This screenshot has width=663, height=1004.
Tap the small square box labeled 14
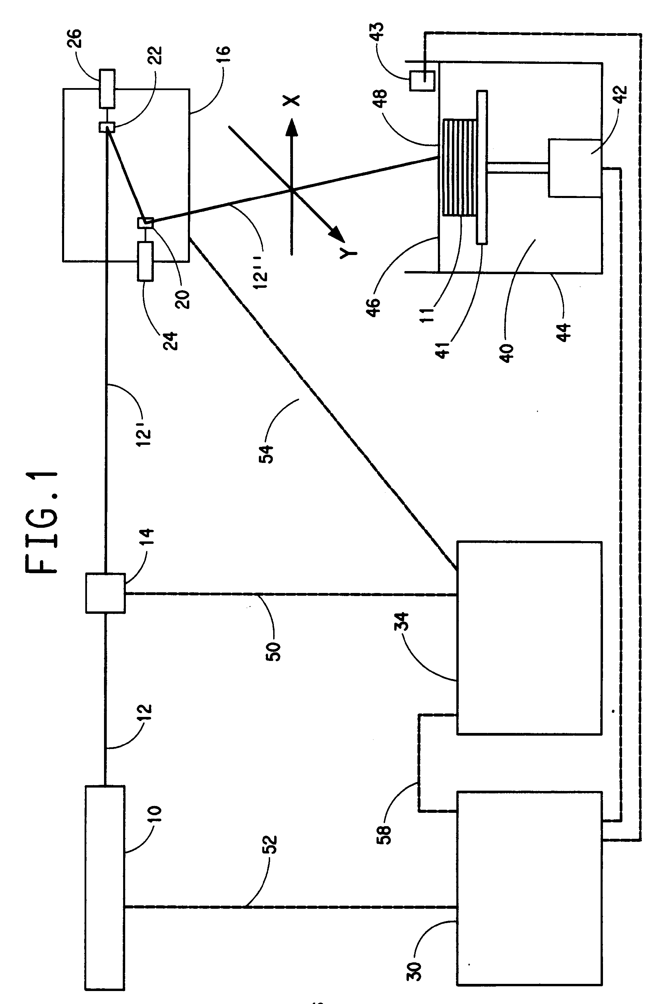pyautogui.click(x=105, y=593)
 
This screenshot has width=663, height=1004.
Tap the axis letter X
pyautogui.click(x=291, y=100)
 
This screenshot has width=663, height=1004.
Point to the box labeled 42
pyautogui.click(x=575, y=168)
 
